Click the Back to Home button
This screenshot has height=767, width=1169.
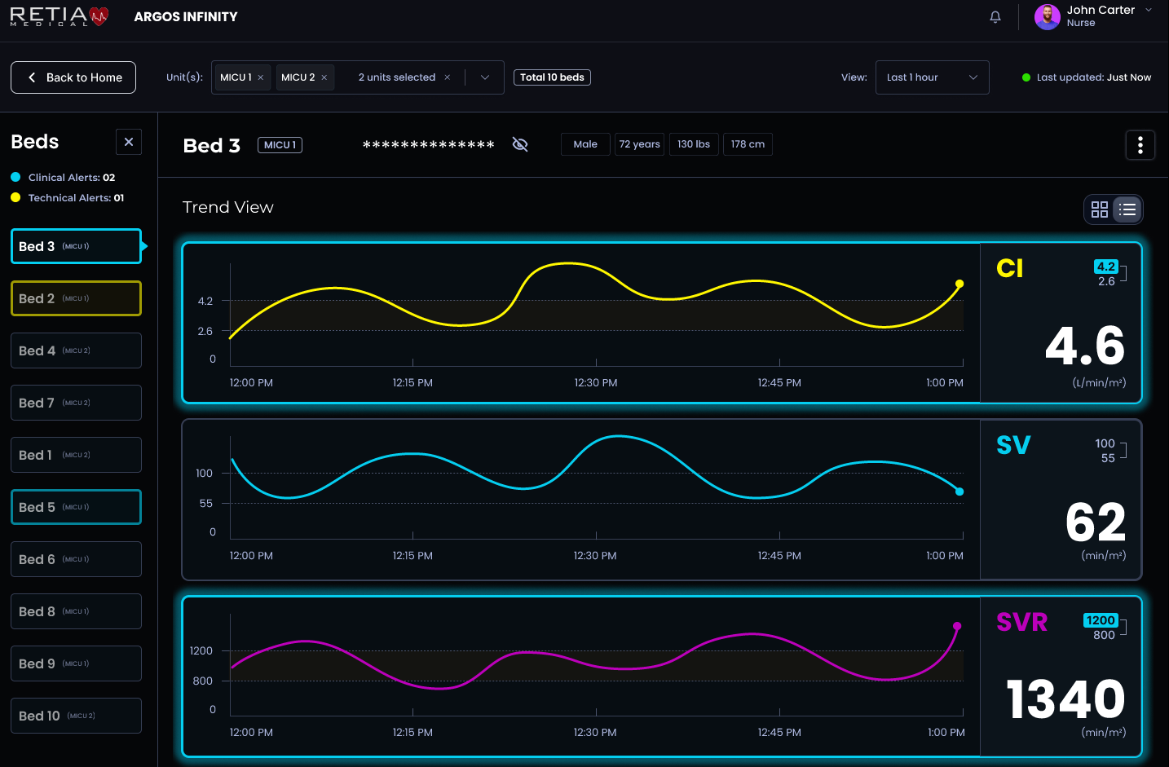click(x=73, y=77)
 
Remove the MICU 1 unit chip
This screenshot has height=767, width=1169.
click(x=261, y=77)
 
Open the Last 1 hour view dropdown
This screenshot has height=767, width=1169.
click(x=932, y=77)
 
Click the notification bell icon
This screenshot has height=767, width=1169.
click(x=995, y=17)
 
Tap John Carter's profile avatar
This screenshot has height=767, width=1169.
click(x=1047, y=16)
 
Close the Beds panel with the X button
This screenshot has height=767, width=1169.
click(x=129, y=142)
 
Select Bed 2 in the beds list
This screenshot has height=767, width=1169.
click(x=76, y=298)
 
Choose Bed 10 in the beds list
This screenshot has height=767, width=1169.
click(x=76, y=716)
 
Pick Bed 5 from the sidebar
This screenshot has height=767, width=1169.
click(x=76, y=507)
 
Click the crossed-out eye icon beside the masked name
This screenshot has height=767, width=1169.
click(x=520, y=144)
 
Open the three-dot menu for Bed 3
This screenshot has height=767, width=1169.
click(x=1140, y=145)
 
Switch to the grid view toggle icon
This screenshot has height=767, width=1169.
click(x=1100, y=209)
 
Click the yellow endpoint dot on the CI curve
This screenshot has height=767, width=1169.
click(x=959, y=284)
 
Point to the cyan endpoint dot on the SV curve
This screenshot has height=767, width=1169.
click(x=959, y=491)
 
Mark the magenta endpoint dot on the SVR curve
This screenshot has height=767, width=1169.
click(x=957, y=626)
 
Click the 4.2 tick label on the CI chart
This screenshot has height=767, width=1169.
click(x=205, y=301)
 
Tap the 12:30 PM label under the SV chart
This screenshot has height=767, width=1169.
click(x=595, y=556)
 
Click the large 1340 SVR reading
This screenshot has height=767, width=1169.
click(x=1065, y=699)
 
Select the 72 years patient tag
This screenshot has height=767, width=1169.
click(x=639, y=144)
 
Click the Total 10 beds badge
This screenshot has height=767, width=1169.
click(x=552, y=77)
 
